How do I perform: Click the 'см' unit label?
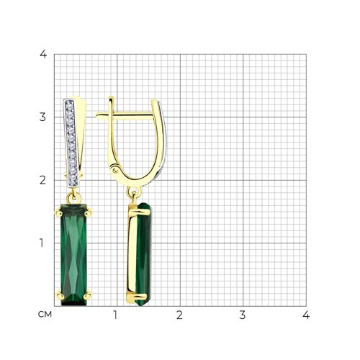[45, 315]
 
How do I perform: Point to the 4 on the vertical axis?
[43, 54]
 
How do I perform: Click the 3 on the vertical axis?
[42, 117]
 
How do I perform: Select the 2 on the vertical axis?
[42, 180]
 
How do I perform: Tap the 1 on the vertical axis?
[42, 243]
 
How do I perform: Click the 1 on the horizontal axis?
[115, 315]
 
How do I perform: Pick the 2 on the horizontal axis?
[179, 315]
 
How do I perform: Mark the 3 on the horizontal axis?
[243, 315]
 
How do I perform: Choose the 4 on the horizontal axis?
[306, 315]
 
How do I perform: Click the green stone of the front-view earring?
[73, 254]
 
